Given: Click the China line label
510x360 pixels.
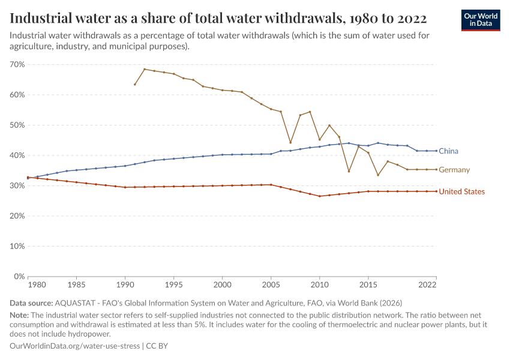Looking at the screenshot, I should point(448,151).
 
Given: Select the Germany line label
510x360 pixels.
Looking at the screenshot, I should point(454,170).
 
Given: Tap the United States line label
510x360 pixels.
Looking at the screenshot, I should point(461,191).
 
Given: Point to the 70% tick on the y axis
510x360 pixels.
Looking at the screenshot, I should point(17,64).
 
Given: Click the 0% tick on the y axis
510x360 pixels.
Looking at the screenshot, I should point(19,277).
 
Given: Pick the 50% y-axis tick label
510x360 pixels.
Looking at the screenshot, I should point(17,125).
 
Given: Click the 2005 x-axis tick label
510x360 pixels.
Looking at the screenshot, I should point(271,284).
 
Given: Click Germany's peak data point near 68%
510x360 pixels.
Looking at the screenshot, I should point(145,69).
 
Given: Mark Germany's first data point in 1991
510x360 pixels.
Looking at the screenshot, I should point(134,84).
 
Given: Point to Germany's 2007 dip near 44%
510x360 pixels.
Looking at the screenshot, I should point(290,143).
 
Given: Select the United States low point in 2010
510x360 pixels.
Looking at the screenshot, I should point(320,196).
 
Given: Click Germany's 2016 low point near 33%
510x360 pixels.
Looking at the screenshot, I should point(378,175).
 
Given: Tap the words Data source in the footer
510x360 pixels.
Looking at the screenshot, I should point(31,303).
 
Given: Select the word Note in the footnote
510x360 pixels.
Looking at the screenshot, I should point(20,315).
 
